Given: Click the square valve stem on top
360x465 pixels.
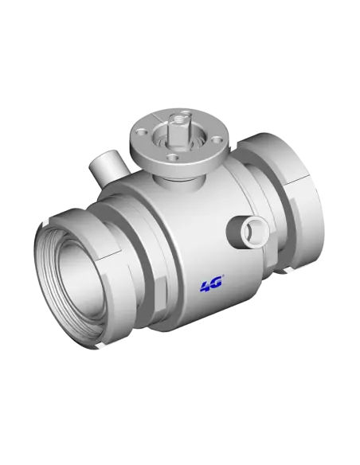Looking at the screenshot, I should (177, 124).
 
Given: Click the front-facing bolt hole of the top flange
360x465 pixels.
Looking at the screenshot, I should (174, 156).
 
